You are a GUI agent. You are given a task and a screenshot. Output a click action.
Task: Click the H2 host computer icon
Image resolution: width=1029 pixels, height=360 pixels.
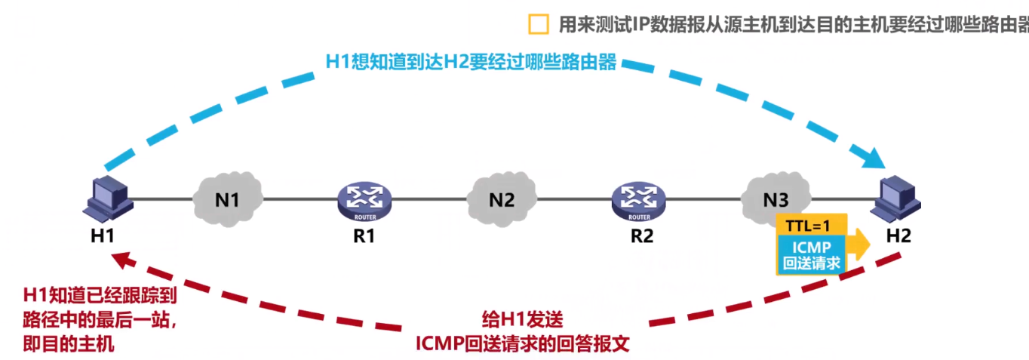(x=898, y=196)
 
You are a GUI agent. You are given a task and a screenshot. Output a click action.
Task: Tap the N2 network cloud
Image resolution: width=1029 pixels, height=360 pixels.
(x=501, y=200)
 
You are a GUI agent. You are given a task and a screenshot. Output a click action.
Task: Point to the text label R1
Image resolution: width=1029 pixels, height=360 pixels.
(x=364, y=235)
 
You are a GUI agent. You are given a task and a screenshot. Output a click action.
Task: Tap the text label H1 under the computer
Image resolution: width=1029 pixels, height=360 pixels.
(x=102, y=235)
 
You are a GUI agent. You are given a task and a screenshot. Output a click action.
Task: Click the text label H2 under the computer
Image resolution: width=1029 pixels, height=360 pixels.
(x=898, y=235)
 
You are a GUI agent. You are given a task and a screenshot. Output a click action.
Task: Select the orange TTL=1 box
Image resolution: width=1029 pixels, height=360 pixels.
(x=811, y=224)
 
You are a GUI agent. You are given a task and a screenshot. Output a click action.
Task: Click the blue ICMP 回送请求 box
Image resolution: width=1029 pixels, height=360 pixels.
(x=811, y=254)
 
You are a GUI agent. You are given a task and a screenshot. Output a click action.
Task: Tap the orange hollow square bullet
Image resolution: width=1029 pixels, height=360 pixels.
(x=539, y=24)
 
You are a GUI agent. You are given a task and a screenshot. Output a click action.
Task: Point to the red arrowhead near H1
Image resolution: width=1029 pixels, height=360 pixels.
(x=120, y=260)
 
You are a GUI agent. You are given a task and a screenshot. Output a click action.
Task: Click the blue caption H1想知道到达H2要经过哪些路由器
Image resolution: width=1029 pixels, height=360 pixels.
(x=471, y=62)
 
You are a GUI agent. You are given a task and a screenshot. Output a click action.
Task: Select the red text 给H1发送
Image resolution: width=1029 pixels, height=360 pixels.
(x=523, y=319)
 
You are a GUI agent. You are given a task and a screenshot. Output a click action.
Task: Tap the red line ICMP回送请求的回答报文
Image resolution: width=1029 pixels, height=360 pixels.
(x=522, y=344)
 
